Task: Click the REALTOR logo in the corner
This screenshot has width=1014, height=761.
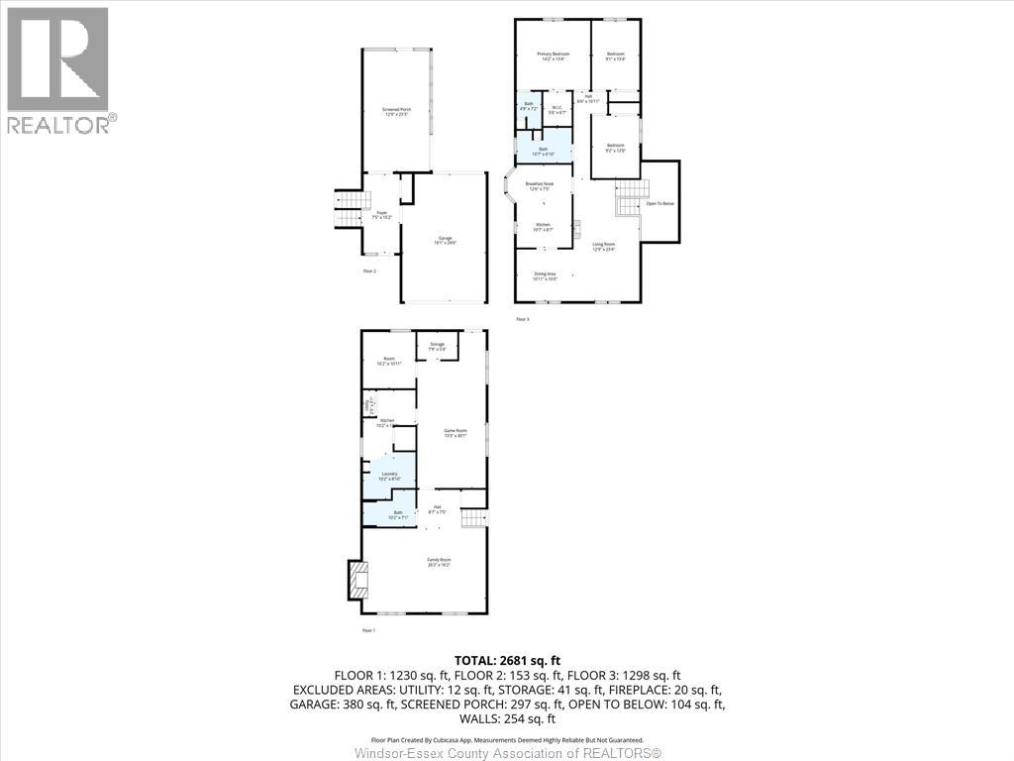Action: [x=59, y=70]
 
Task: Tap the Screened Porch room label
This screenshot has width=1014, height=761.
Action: [x=396, y=112]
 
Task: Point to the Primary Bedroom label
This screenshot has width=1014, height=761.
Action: [x=553, y=55]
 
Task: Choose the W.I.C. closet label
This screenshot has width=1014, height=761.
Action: [x=558, y=109]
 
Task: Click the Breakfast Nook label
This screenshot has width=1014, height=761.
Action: [x=540, y=185]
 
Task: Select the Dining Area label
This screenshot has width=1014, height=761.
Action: [x=546, y=276]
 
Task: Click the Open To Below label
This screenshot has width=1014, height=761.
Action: [x=660, y=204]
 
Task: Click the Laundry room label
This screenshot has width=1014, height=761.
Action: [x=389, y=476]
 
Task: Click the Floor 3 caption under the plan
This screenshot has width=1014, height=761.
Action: [x=524, y=319]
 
